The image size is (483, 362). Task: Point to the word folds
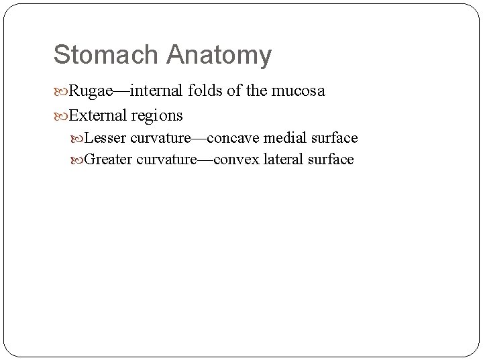click(x=202, y=91)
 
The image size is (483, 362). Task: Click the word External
click(x=98, y=115)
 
